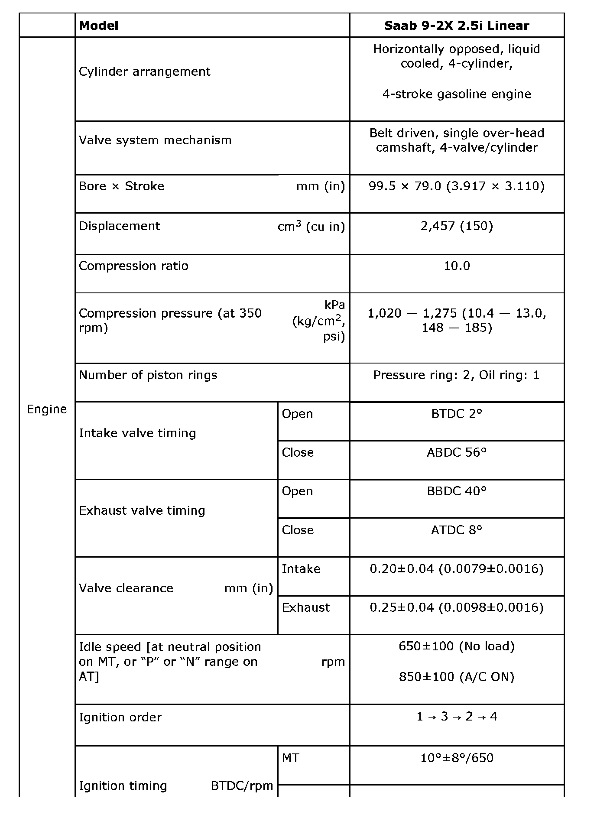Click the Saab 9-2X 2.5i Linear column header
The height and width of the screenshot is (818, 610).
tap(457, 26)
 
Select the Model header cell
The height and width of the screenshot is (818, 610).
tap(99, 26)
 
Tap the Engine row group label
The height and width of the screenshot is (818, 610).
tap(47, 409)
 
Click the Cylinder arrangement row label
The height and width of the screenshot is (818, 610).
tap(144, 71)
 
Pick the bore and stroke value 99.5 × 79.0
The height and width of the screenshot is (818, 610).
tap(457, 186)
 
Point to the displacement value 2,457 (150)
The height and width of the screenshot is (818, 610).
tap(457, 226)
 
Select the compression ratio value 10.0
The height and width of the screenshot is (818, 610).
tap(457, 266)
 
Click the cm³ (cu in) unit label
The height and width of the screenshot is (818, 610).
tap(311, 226)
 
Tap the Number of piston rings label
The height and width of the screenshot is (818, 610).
tap(148, 375)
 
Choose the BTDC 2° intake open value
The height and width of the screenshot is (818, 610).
tap(457, 414)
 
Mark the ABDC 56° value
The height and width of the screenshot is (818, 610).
tap(457, 452)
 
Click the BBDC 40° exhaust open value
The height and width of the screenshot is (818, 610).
tap(457, 491)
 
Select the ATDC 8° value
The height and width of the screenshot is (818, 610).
tap(457, 530)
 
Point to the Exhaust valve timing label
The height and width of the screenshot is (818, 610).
tap(142, 510)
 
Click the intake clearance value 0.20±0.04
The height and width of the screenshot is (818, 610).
tap(457, 568)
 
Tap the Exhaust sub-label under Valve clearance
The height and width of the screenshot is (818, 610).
tap(305, 607)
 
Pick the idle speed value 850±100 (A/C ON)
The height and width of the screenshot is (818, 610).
tap(457, 677)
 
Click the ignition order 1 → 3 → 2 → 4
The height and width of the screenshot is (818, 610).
tap(457, 717)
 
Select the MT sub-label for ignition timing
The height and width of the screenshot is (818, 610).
tap(290, 758)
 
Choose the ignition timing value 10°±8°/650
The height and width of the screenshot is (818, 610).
tap(457, 758)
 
